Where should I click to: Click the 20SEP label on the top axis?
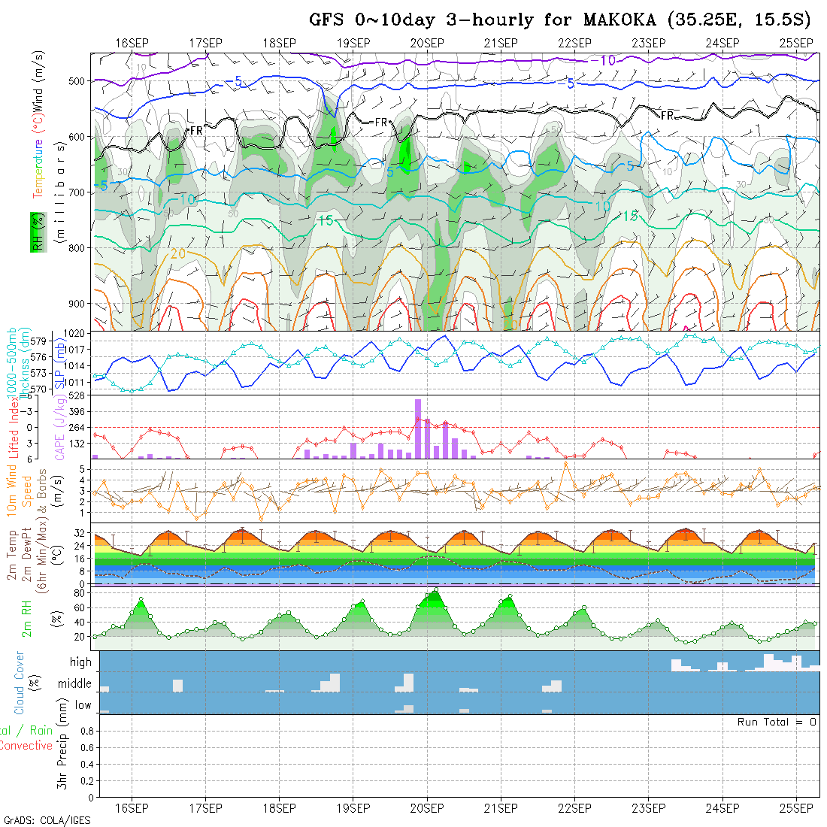tap(427, 43)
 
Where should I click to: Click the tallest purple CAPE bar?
tap(418, 428)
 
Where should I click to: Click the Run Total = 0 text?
tap(776, 722)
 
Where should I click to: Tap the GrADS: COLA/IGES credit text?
tap(47, 820)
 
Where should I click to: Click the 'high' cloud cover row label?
tap(80, 662)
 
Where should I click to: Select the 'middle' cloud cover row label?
tap(75, 684)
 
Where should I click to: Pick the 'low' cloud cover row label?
tap(83, 706)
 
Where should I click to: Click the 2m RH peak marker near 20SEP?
tap(436, 590)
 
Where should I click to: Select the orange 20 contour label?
tap(177, 253)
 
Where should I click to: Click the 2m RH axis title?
tap(26, 616)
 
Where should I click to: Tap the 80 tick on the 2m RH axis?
tap(77, 593)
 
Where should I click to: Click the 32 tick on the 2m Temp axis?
tap(77, 532)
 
